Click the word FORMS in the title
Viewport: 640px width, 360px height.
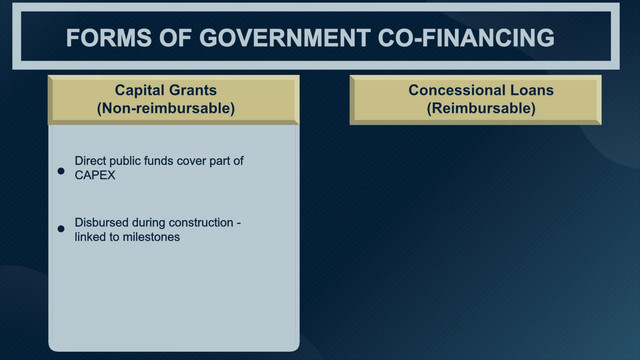[109, 38]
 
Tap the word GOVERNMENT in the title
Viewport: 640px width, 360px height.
[285, 38]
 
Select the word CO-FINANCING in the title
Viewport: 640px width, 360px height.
[466, 38]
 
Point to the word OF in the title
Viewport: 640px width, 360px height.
[175, 38]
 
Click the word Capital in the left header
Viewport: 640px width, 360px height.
[138, 90]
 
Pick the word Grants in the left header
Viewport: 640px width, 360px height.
[191, 90]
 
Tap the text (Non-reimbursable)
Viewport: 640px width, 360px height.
[166, 108]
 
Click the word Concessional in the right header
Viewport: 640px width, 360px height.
[452, 90]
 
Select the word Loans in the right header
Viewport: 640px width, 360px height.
[528, 90]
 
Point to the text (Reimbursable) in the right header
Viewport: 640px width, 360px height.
[481, 108]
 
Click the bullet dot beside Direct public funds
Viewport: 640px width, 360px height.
[61, 171]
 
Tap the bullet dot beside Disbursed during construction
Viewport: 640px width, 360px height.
[61, 229]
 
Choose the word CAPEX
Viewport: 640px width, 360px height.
[95, 175]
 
